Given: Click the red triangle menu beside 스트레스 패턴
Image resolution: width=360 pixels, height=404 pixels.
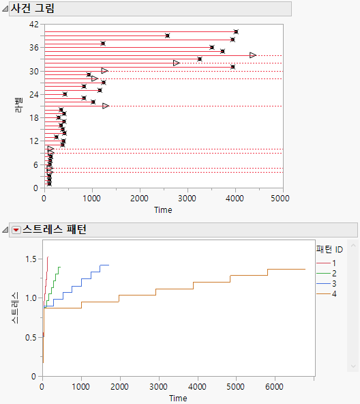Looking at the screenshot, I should pyautogui.click(x=16, y=230).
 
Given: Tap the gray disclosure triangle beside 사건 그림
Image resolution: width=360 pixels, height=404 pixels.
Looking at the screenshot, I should pyautogui.click(x=5, y=10).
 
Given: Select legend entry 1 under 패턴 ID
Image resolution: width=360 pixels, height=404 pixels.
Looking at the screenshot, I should pyautogui.click(x=333, y=263).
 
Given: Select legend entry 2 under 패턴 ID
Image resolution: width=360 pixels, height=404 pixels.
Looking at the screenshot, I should pyautogui.click(x=333, y=273).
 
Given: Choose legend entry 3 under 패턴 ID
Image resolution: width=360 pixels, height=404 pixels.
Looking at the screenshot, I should pyautogui.click(x=333, y=283).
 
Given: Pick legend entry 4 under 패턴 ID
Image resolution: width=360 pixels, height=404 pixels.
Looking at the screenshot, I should pyautogui.click(x=333, y=293).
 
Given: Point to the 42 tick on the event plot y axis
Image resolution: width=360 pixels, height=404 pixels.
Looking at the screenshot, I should pyautogui.click(x=33, y=25).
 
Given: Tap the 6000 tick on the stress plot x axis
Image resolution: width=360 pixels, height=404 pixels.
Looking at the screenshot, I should pyautogui.click(x=274, y=387).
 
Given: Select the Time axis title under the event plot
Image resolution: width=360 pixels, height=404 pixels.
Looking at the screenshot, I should pyautogui.click(x=163, y=210).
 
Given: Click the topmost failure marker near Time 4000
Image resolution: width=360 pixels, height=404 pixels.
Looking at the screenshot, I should pyautogui.click(x=236, y=31).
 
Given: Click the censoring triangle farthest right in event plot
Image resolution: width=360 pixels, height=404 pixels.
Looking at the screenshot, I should pyautogui.click(x=253, y=55).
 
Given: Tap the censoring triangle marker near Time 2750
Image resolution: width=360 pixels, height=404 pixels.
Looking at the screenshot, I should pyautogui.click(x=177, y=63).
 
